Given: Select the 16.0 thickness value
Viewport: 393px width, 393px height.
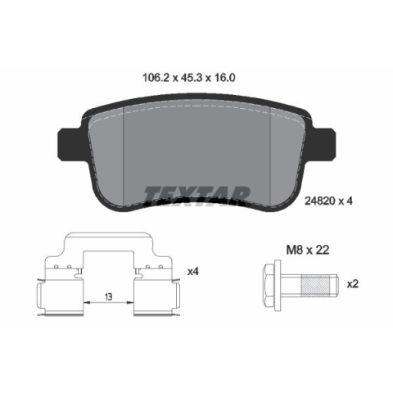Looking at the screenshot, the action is (224, 78).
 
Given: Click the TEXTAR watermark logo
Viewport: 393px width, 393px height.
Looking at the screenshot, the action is (196, 195).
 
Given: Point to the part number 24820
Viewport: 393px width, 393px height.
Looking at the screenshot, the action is (319, 201).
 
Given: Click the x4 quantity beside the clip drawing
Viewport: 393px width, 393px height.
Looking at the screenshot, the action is (192, 272).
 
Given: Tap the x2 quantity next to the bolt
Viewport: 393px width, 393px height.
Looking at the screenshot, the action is (352, 284).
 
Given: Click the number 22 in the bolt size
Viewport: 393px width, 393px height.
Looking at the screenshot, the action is (323, 250).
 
